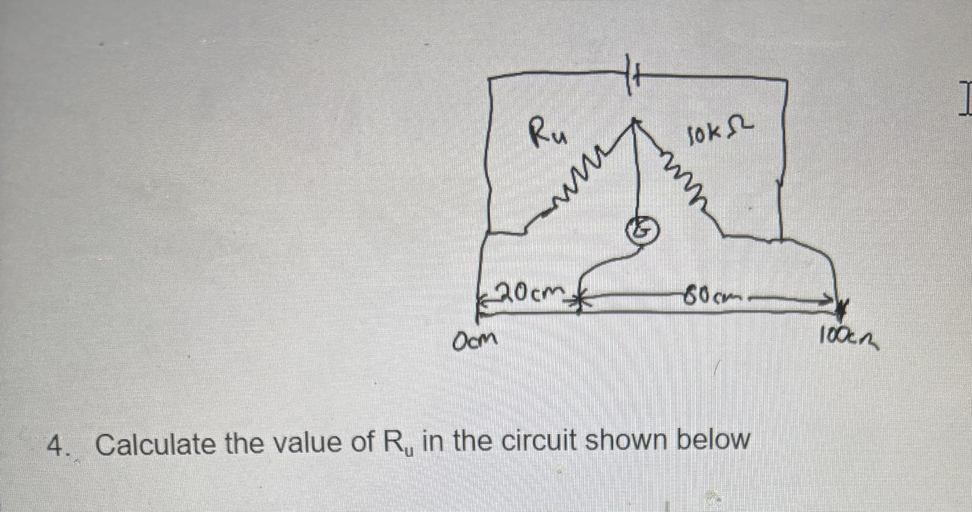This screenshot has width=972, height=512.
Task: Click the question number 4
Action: [x=56, y=447]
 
